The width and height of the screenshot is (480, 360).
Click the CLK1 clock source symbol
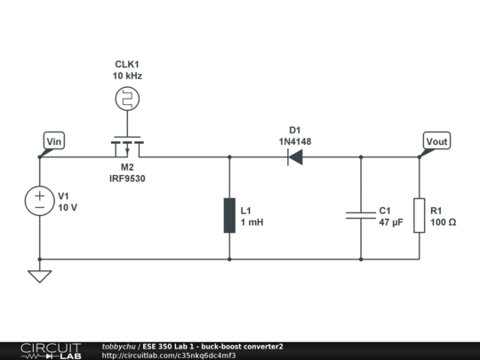(x=128, y=99)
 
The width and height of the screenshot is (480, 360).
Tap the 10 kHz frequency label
(x=128, y=76)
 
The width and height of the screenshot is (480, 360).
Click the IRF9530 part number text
(x=128, y=179)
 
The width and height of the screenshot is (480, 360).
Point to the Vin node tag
(x=54, y=140)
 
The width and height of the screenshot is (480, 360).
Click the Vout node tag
(x=436, y=141)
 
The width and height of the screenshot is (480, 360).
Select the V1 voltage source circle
(x=40, y=202)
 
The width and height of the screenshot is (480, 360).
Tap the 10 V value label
(x=68, y=208)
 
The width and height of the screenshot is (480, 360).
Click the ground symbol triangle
(x=40, y=276)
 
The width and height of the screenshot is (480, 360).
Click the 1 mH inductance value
(x=252, y=222)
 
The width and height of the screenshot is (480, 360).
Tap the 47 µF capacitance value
(x=391, y=222)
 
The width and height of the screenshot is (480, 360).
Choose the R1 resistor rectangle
(x=420, y=216)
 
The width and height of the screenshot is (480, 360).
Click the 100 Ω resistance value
(x=443, y=222)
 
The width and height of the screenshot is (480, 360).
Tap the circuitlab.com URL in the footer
(x=169, y=356)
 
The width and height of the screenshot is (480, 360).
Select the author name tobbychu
(x=118, y=346)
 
